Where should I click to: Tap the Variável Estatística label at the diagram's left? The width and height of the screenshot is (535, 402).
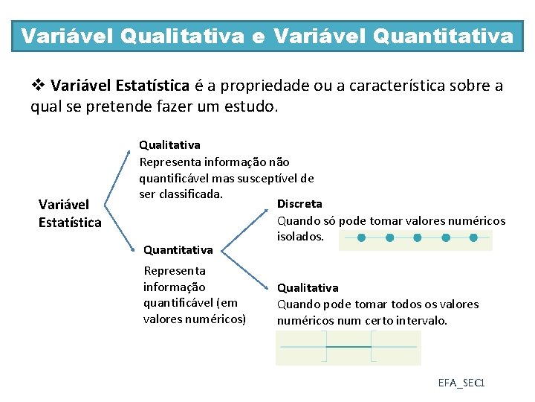pyautogui.click(x=70, y=213)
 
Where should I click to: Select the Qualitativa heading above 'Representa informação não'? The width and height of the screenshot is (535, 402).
pyautogui.click(x=169, y=144)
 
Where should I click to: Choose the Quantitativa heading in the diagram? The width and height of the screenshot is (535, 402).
pyautogui.click(x=178, y=250)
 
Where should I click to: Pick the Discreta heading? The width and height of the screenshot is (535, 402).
pyautogui.click(x=299, y=203)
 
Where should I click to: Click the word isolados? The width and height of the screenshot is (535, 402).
pyautogui.click(x=300, y=236)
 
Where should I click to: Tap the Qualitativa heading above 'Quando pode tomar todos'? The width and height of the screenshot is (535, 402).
pyautogui.click(x=308, y=287)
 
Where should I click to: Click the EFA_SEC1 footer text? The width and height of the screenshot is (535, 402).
pyautogui.click(x=461, y=383)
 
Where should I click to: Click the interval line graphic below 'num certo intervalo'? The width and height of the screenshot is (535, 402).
pyautogui.click(x=348, y=348)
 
